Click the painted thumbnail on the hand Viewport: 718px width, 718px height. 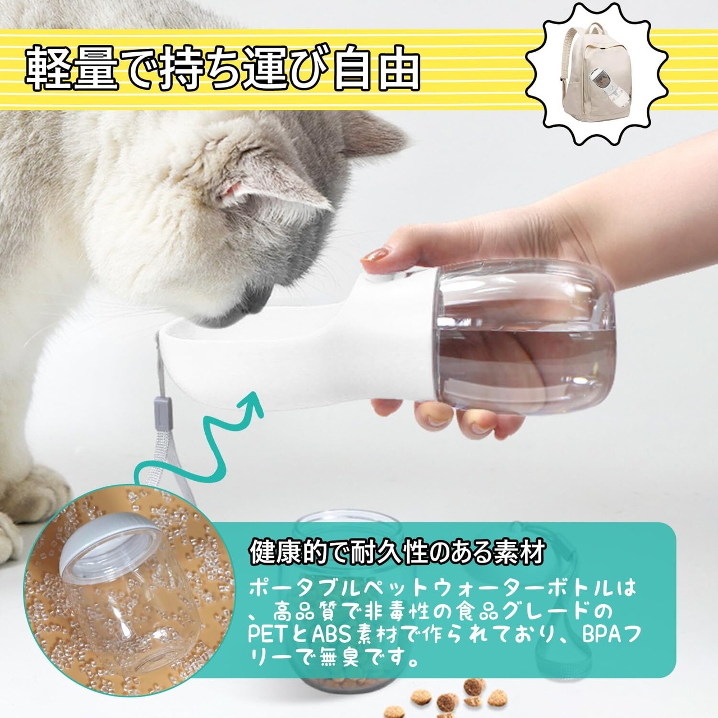[x=375, y=255]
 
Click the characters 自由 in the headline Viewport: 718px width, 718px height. [x=376, y=68]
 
